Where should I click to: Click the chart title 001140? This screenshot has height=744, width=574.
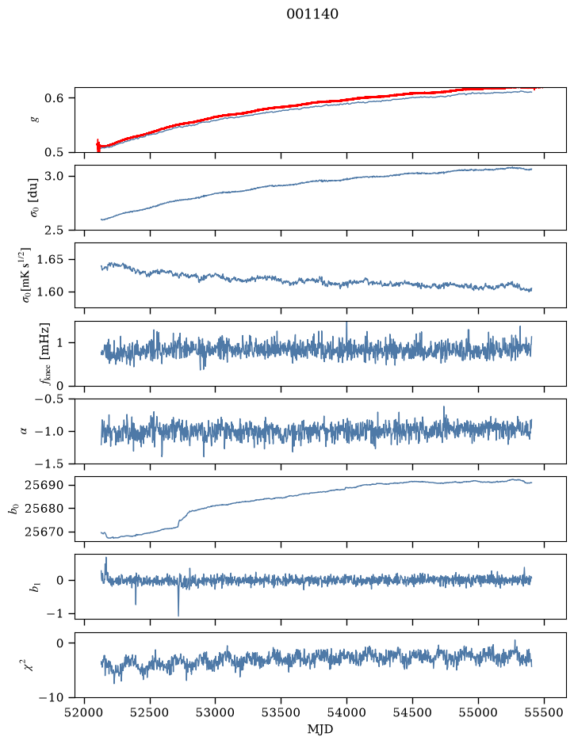pyautogui.click(x=312, y=14)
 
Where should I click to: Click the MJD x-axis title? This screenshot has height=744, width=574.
pyautogui.click(x=320, y=729)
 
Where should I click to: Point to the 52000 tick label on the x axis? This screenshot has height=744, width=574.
pyautogui.click(x=85, y=712)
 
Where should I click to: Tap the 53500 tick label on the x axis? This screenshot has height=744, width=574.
pyautogui.click(x=281, y=712)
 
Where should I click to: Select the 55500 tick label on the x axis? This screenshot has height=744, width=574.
pyautogui.click(x=544, y=712)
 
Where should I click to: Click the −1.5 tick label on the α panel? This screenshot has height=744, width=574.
pyautogui.click(x=52, y=464)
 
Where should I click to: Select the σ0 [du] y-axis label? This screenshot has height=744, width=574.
pyautogui.click(x=33, y=198)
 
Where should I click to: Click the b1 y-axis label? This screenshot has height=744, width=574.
pyautogui.click(x=34, y=586)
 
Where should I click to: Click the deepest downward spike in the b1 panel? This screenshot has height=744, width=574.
pyautogui.click(x=178, y=616)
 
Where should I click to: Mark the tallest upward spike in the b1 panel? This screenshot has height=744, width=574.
pyautogui.click(x=106, y=559)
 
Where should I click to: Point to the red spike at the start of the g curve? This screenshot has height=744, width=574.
pyautogui.click(x=98, y=145)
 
